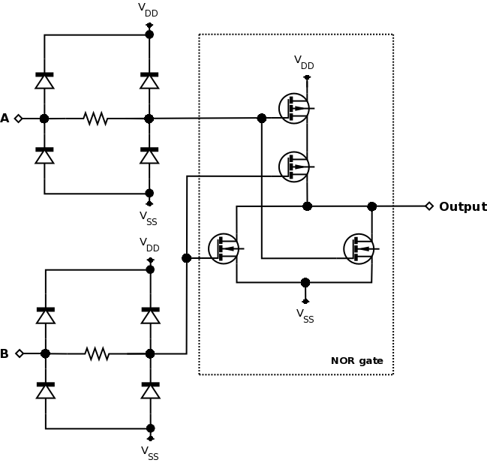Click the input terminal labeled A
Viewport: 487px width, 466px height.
point(19,119)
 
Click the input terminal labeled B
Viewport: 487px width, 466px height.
point(19,353)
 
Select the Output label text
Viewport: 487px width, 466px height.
point(462,206)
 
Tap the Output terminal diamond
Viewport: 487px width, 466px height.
point(429,206)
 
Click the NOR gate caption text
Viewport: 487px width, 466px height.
point(357,361)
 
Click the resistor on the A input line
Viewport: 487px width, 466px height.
point(95,119)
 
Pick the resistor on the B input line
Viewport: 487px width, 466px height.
point(97,353)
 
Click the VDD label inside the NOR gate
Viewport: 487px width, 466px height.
point(304,62)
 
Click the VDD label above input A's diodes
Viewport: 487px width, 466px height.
point(149,10)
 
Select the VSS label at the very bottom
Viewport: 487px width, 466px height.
point(150,452)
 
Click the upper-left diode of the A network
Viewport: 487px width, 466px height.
point(44,80)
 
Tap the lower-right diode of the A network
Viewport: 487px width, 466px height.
point(149,155)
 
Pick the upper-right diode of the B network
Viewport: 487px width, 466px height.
point(150,314)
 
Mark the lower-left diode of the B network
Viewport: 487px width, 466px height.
point(46,389)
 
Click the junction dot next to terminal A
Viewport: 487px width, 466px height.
point(44,119)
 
